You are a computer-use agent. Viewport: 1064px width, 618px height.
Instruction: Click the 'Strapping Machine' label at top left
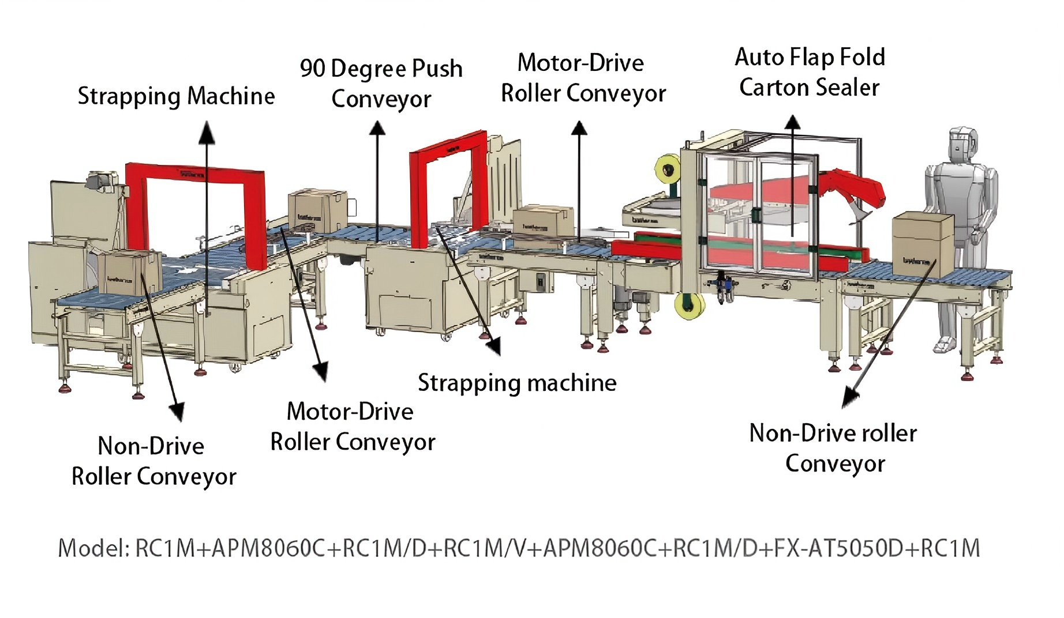[x=176, y=96]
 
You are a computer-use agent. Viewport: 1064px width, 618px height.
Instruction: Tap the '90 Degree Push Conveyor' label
[x=381, y=83]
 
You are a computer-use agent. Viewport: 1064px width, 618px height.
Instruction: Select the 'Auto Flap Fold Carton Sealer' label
[x=809, y=73]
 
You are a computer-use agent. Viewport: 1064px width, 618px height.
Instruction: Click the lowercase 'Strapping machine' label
[x=517, y=383]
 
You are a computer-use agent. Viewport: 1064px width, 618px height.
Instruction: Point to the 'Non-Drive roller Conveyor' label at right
[x=833, y=449]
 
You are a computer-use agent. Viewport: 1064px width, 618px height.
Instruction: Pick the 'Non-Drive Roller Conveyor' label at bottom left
[x=153, y=461]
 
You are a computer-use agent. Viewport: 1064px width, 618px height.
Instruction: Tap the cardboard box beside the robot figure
[x=922, y=243]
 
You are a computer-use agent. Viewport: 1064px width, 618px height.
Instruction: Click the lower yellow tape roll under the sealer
[x=690, y=306]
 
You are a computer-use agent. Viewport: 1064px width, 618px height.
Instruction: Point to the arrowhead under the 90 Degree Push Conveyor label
[x=377, y=128]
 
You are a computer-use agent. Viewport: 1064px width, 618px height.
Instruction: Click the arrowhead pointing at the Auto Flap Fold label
[x=793, y=123]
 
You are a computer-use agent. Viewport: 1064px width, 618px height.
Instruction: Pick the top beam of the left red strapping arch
[x=195, y=174]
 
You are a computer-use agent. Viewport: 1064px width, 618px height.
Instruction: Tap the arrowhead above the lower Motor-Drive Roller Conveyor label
[x=321, y=371]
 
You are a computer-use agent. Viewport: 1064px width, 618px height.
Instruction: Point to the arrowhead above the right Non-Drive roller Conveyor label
[x=850, y=398]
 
